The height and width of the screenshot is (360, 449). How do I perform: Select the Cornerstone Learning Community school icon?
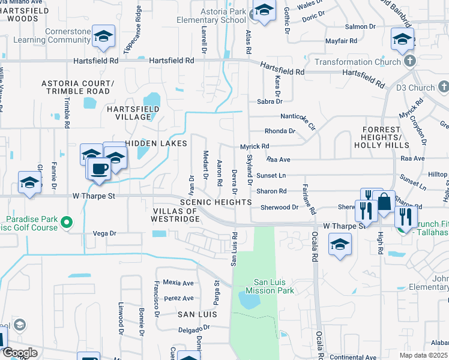point(104,37)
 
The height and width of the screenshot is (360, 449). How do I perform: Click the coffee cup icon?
point(100,168)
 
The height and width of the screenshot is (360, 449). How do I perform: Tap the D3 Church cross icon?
point(443,88)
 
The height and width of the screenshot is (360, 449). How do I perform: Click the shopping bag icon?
point(384,202)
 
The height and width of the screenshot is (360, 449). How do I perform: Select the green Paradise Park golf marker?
point(67,223)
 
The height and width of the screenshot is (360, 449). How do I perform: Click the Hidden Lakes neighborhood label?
point(157,143)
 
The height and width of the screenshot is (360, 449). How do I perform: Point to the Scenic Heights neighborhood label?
point(221,203)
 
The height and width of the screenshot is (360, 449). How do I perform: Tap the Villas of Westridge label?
point(176,215)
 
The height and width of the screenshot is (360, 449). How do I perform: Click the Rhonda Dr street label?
point(280,131)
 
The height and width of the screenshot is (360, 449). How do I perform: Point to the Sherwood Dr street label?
point(279,207)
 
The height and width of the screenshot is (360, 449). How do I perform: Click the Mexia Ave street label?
point(178,283)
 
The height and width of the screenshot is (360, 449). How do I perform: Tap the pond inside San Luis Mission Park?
point(249,299)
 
